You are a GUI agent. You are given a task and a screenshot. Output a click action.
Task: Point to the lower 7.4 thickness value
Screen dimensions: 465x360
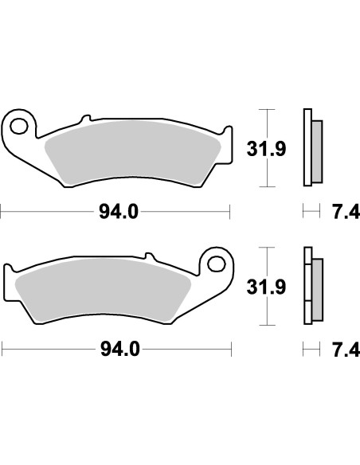click(341, 349)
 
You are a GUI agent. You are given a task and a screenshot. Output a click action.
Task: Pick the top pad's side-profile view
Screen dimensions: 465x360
click(310, 148)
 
